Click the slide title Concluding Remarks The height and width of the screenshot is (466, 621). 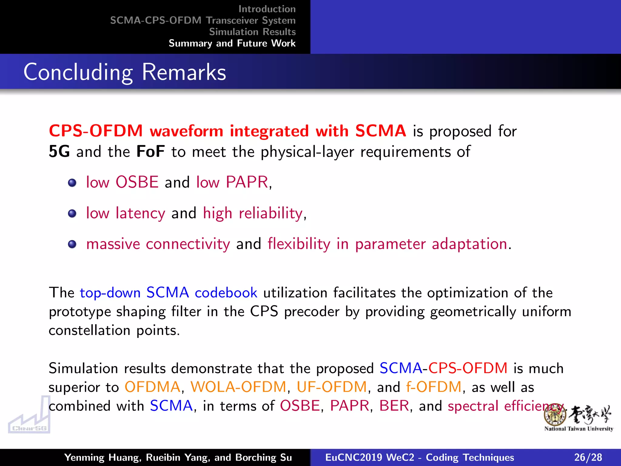point(125,72)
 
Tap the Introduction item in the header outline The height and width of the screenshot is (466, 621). point(267,9)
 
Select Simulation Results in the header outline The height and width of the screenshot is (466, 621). point(252,32)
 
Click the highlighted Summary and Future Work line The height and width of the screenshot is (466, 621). point(232,43)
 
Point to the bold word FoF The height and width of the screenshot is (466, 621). point(150,152)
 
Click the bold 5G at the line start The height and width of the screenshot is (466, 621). point(59,152)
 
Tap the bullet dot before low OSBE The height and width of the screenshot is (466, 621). point(72,183)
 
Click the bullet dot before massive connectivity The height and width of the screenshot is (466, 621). point(72,244)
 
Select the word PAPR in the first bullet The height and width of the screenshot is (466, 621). point(247,182)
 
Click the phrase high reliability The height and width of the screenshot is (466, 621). point(253,213)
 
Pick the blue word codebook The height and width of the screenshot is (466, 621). point(226,293)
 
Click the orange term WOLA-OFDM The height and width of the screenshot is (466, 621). point(238,387)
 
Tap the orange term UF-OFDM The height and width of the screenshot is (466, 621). point(332,387)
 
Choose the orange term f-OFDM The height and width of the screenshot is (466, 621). point(434,387)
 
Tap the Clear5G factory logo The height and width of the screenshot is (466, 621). point(29,416)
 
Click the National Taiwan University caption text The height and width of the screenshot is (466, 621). point(579,429)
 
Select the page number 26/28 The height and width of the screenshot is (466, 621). point(588,457)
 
